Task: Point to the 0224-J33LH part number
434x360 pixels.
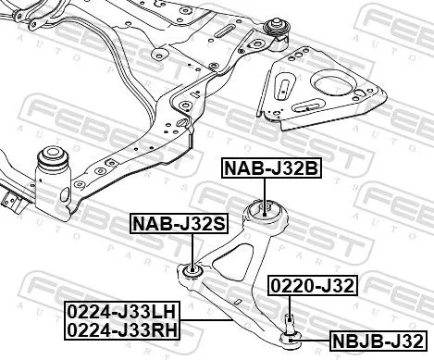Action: pyautogui.click(x=122, y=310)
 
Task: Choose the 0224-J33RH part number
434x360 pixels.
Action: pyautogui.click(x=122, y=327)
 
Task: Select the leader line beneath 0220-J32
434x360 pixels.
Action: pyautogui.click(x=291, y=304)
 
